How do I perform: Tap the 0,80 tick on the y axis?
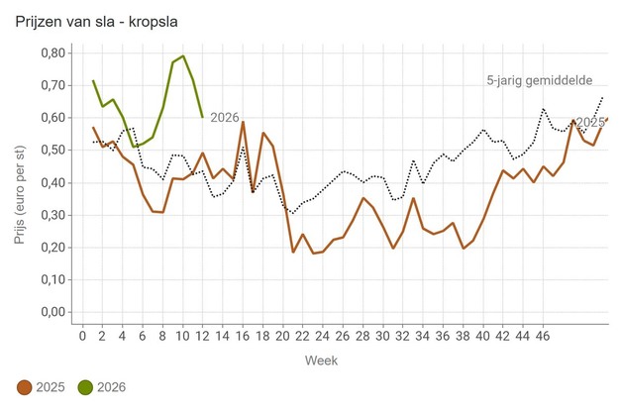[52, 52]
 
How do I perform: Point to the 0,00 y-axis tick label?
[52, 313]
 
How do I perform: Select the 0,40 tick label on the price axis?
[52, 183]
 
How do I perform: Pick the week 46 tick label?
[543, 336]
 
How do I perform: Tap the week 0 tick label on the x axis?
[83, 336]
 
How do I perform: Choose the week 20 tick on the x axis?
[283, 336]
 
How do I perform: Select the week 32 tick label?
[403, 336]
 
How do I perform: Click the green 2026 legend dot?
[86, 387]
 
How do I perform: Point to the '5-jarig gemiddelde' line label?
[541, 79]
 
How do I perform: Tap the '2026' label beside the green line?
[225, 118]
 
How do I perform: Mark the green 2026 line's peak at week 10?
[183, 55]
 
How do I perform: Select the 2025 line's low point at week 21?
[293, 252]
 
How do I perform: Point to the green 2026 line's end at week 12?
[203, 117]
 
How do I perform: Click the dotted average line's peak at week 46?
[543, 109]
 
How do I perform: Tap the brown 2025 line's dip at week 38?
[464, 248]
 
